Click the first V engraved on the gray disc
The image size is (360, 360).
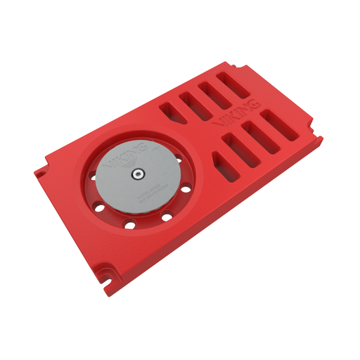coord(109,167)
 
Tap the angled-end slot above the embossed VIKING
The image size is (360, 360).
coord(171,112)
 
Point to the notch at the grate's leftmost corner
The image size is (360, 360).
coord(41,171)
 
